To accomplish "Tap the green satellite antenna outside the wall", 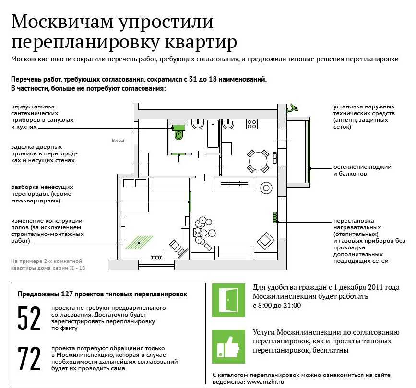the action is pyautogui.click(x=292, y=108).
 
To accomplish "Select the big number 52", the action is pyautogui.click(x=29, y=318).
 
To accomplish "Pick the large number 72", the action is pyautogui.click(x=29, y=359).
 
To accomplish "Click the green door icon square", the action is pyautogui.click(x=228, y=300).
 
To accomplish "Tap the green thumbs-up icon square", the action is pyautogui.click(x=228, y=347).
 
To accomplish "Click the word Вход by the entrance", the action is pyautogui.click(x=118, y=141).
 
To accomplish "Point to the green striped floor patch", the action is pyautogui.click(x=139, y=243).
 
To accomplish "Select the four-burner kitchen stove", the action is pyautogui.click(x=252, y=124).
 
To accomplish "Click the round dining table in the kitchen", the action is pyautogui.click(x=258, y=161).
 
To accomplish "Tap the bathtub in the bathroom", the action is pyautogui.click(x=213, y=134).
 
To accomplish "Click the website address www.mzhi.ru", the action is pyautogui.click(x=265, y=382).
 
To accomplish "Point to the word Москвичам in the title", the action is pyautogui.click(x=62, y=22).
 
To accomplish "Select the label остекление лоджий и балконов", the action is pyautogui.click(x=362, y=170).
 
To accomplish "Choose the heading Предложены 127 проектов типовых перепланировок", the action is pyautogui.click(x=102, y=294).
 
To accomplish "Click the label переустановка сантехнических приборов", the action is pyautogui.click(x=42, y=117).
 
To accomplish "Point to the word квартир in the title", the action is pyautogui.click(x=201, y=42).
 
